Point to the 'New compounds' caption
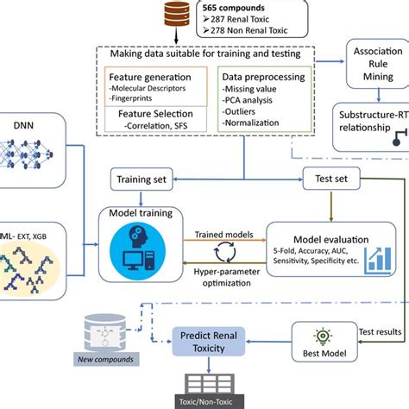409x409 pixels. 107,358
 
